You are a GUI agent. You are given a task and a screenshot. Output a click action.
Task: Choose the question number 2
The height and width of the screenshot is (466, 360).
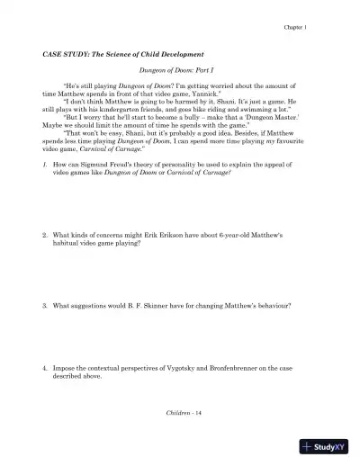[x=46, y=235]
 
